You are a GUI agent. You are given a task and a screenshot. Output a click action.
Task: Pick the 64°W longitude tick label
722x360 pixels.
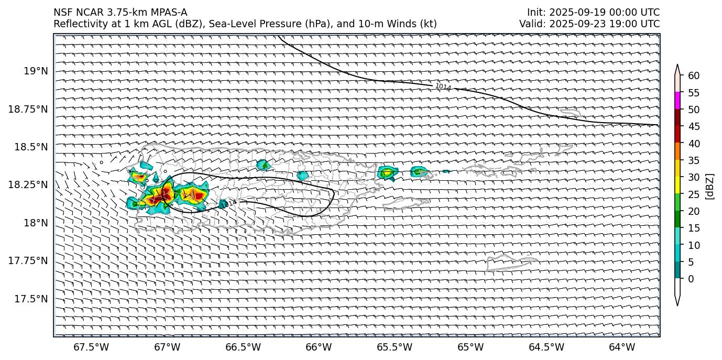[x=622, y=347]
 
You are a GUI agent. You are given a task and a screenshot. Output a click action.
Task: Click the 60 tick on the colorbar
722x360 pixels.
[x=694, y=75]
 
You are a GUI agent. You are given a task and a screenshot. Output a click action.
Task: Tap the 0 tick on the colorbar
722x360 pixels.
[x=691, y=279]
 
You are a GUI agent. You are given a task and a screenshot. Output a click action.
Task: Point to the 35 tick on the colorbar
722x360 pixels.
[x=694, y=160]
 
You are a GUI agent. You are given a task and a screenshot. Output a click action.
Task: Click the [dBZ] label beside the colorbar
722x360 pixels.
[x=710, y=186]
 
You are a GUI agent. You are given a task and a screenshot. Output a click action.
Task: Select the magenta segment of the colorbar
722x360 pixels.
[x=677, y=101]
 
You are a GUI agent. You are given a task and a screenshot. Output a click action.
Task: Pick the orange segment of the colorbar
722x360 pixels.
[x=677, y=151]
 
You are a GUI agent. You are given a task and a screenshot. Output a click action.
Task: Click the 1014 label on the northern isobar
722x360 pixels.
[x=443, y=86]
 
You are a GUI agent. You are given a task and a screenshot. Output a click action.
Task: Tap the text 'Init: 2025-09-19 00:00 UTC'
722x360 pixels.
[x=593, y=13]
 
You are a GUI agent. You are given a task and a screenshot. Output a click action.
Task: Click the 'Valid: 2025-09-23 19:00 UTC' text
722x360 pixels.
[x=589, y=24]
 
